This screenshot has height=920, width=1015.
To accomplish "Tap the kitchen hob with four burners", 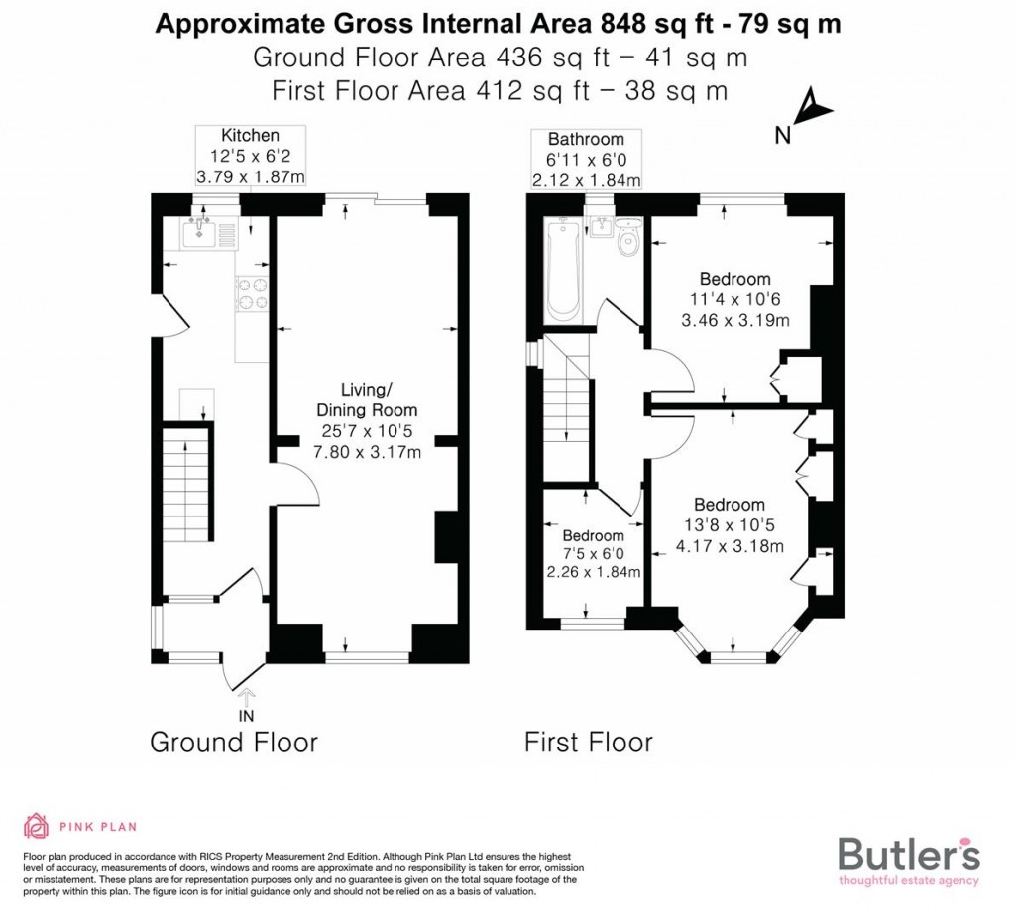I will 252,294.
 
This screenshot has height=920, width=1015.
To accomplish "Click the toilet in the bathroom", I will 627,240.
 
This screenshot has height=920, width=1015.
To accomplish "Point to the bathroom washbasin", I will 602,229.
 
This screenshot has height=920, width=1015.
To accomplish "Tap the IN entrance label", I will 246,715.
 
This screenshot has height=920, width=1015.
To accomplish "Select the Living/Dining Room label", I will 366,399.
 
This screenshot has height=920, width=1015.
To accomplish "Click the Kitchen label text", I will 250,135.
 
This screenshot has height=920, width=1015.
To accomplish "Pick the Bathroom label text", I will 586,139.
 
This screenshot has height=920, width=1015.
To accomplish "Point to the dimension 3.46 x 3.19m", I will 735,320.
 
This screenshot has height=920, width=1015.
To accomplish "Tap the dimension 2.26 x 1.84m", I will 593,572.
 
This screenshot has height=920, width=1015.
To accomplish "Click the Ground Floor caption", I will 234,742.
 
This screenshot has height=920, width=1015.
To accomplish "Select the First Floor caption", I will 589,742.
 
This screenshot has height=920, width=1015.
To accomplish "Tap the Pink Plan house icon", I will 36,826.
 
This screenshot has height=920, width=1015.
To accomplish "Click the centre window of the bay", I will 738,656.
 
